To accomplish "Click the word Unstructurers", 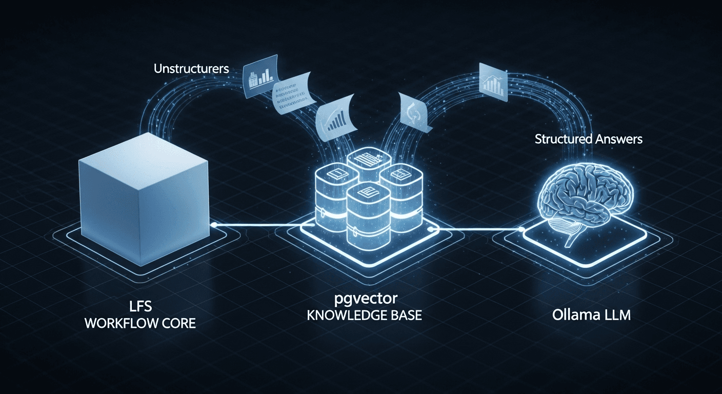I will click(x=191, y=69).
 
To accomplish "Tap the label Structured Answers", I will click(x=588, y=139).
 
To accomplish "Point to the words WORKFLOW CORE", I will click(x=140, y=324).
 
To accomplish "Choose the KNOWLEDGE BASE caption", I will click(x=364, y=315).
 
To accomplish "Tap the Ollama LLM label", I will click(x=591, y=314).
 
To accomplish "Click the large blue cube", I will click(x=144, y=190).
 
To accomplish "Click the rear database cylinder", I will click(x=365, y=164).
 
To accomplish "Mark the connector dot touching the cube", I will click(x=213, y=224).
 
